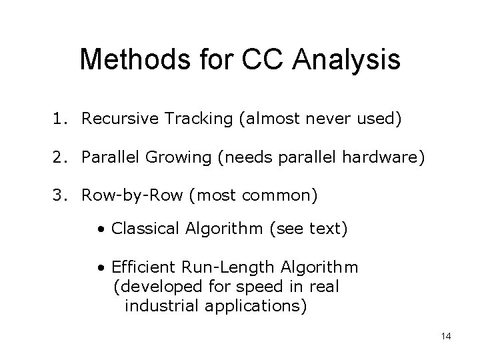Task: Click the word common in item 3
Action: coord(283,197)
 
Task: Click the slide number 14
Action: coord(446,336)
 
